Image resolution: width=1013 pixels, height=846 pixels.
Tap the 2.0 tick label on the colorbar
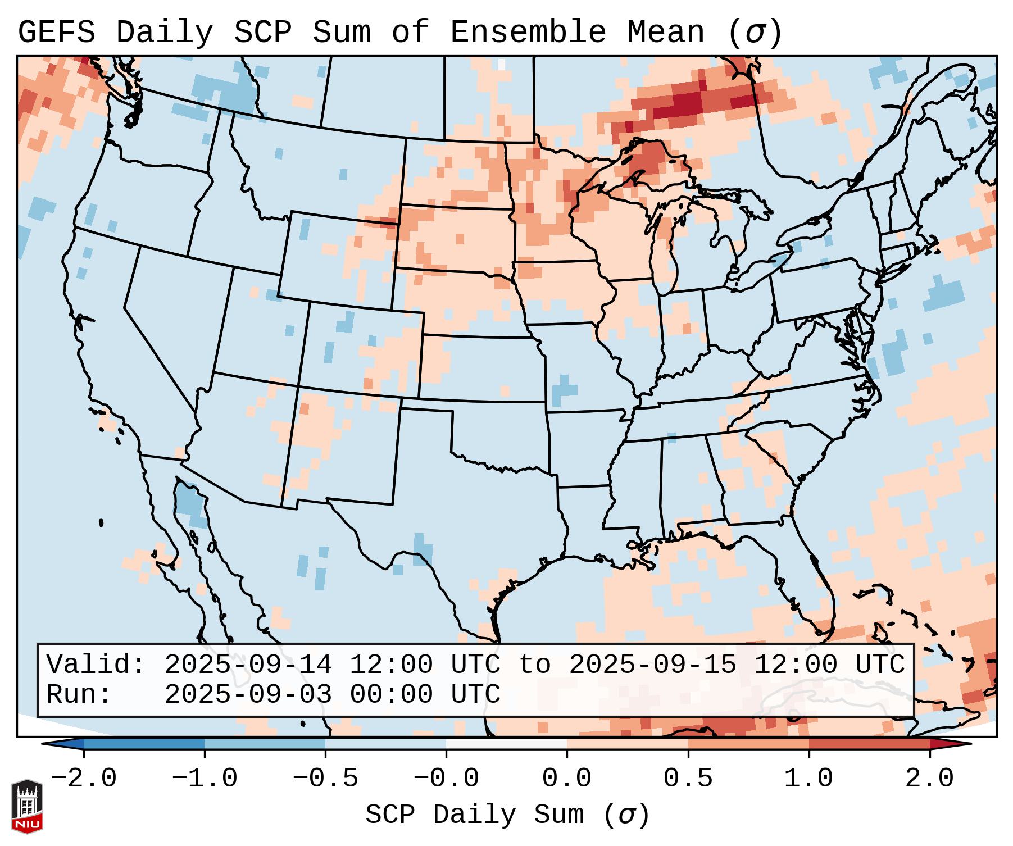click(x=929, y=779)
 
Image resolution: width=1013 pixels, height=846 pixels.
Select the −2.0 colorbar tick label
click(x=84, y=779)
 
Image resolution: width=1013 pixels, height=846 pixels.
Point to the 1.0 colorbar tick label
click(x=808, y=779)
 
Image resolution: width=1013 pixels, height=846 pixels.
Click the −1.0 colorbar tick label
click(x=205, y=779)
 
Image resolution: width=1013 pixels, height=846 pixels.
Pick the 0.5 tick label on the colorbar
click(x=688, y=779)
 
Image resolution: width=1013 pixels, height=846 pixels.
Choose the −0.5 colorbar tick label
click(x=325, y=779)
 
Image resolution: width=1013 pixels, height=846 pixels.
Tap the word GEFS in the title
click(x=56, y=33)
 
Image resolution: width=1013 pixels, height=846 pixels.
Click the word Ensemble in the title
click(x=528, y=33)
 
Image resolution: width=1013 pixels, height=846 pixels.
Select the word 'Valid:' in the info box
click(x=96, y=665)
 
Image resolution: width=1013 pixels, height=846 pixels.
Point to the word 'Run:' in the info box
click(x=79, y=695)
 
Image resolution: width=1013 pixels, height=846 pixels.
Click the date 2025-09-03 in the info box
click(x=248, y=695)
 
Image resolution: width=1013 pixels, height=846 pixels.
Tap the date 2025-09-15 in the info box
click(x=652, y=665)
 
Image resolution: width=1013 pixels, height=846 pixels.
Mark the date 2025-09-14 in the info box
click(x=248, y=665)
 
